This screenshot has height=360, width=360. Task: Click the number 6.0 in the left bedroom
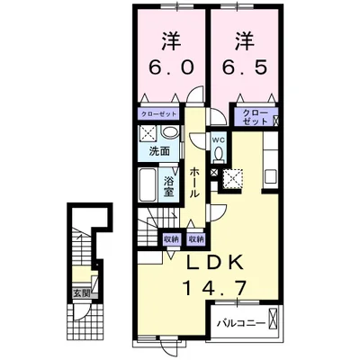pos(171,67)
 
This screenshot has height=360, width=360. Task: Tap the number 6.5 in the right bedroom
pos(245,67)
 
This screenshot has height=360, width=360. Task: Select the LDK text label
pos(215,263)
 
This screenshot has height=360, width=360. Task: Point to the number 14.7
pos(215,287)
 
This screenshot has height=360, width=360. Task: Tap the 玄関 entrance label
pos(82,293)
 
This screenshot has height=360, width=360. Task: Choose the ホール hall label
pos(194,183)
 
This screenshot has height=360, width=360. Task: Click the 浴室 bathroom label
pos(169,186)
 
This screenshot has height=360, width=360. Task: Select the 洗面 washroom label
pos(159,151)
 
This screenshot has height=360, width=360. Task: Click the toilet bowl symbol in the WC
pos(218,154)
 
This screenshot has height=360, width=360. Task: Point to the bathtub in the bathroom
pos(148,184)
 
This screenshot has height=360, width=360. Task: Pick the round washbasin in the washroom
pos(169,132)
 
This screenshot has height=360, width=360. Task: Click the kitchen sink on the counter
pos(271,176)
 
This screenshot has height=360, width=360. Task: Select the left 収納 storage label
pos(171,239)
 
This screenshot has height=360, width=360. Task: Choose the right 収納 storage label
pos(196,239)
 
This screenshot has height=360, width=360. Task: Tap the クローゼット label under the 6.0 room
pos(158,114)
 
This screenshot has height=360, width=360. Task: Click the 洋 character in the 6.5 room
pos(245,41)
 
